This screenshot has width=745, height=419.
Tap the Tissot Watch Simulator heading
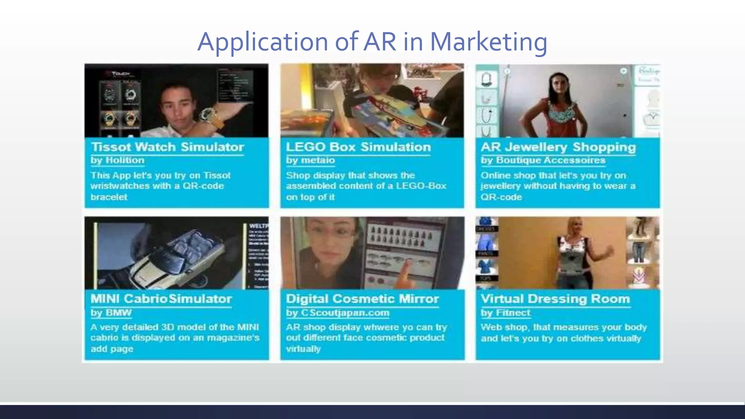pos(167,147)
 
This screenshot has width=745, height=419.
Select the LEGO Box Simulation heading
pos(358,147)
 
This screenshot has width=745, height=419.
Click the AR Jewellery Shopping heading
pos(558,147)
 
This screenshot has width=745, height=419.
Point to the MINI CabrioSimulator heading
pos(161,299)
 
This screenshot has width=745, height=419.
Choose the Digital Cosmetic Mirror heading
pos(362,299)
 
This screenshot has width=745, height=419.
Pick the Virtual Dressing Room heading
pos(555,299)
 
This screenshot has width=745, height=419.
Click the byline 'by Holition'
pos(117,160)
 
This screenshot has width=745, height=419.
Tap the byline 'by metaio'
pos(310,160)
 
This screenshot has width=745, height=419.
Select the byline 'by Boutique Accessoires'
pos(543,160)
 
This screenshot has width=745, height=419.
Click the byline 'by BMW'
pos(111,313)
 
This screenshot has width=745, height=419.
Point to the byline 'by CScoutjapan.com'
pos(337,313)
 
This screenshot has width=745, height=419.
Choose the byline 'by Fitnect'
pos(505,313)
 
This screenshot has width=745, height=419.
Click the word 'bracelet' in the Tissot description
pos(109,197)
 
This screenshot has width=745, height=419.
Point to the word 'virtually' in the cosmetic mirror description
pos(303,349)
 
